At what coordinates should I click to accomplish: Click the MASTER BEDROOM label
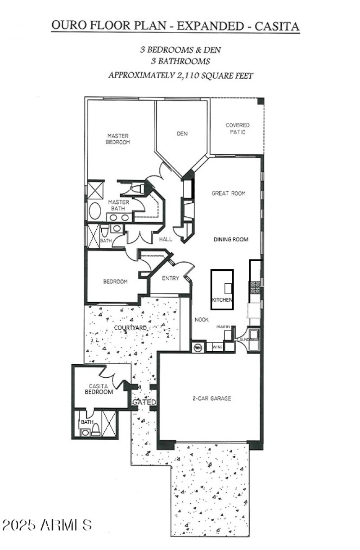118,139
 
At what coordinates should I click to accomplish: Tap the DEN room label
182,134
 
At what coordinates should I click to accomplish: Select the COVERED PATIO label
238,129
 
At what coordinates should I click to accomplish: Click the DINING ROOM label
231,239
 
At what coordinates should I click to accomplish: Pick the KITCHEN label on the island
222,300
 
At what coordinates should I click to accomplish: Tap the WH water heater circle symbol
197,347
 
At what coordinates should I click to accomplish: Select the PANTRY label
224,326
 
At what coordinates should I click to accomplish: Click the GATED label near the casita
144,402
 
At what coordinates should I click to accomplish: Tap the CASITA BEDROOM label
99,389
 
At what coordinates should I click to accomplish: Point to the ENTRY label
171,278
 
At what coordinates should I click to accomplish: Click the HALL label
166,240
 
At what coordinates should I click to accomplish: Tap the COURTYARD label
130,328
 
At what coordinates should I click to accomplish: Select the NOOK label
201,320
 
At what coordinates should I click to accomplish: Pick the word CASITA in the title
277,26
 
